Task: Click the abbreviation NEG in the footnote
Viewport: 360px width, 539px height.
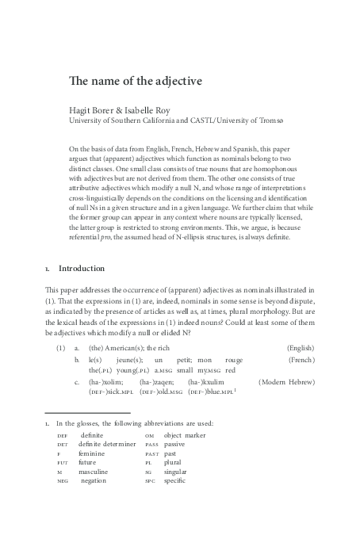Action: (63, 480)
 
